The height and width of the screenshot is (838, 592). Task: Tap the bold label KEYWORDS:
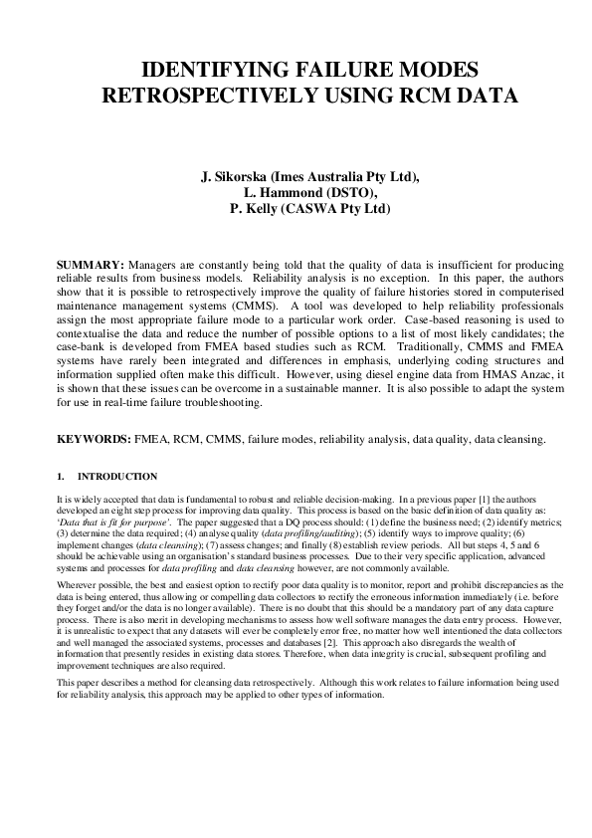(93, 438)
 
